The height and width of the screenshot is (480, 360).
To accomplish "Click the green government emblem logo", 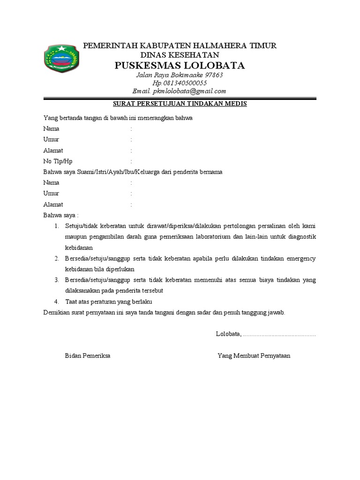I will coord(61,61).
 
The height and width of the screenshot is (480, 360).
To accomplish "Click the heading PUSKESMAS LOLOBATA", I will coord(180,65).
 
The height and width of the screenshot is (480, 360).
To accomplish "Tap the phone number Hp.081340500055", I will coord(180,83).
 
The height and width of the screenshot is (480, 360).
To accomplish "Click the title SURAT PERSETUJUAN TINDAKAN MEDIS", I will coord(180,104).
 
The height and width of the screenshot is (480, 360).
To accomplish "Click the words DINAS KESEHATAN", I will coord(180,55).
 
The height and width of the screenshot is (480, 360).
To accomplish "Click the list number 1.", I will coord(56,226).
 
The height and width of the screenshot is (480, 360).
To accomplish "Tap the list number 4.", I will coord(56,301).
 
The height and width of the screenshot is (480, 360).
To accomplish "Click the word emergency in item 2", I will coord(300,259).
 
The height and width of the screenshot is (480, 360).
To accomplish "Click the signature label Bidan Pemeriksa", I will coord(87,356).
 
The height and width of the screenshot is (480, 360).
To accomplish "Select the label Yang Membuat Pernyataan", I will coord(254,356).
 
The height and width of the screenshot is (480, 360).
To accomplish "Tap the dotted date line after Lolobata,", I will coord(279,335).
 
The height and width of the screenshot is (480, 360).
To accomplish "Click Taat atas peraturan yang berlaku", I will coord(109,301).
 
